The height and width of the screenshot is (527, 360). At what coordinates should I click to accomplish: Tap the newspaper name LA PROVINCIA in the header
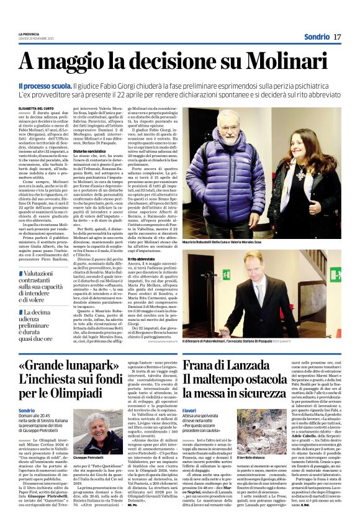pyautogui.click(x=29, y=34)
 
